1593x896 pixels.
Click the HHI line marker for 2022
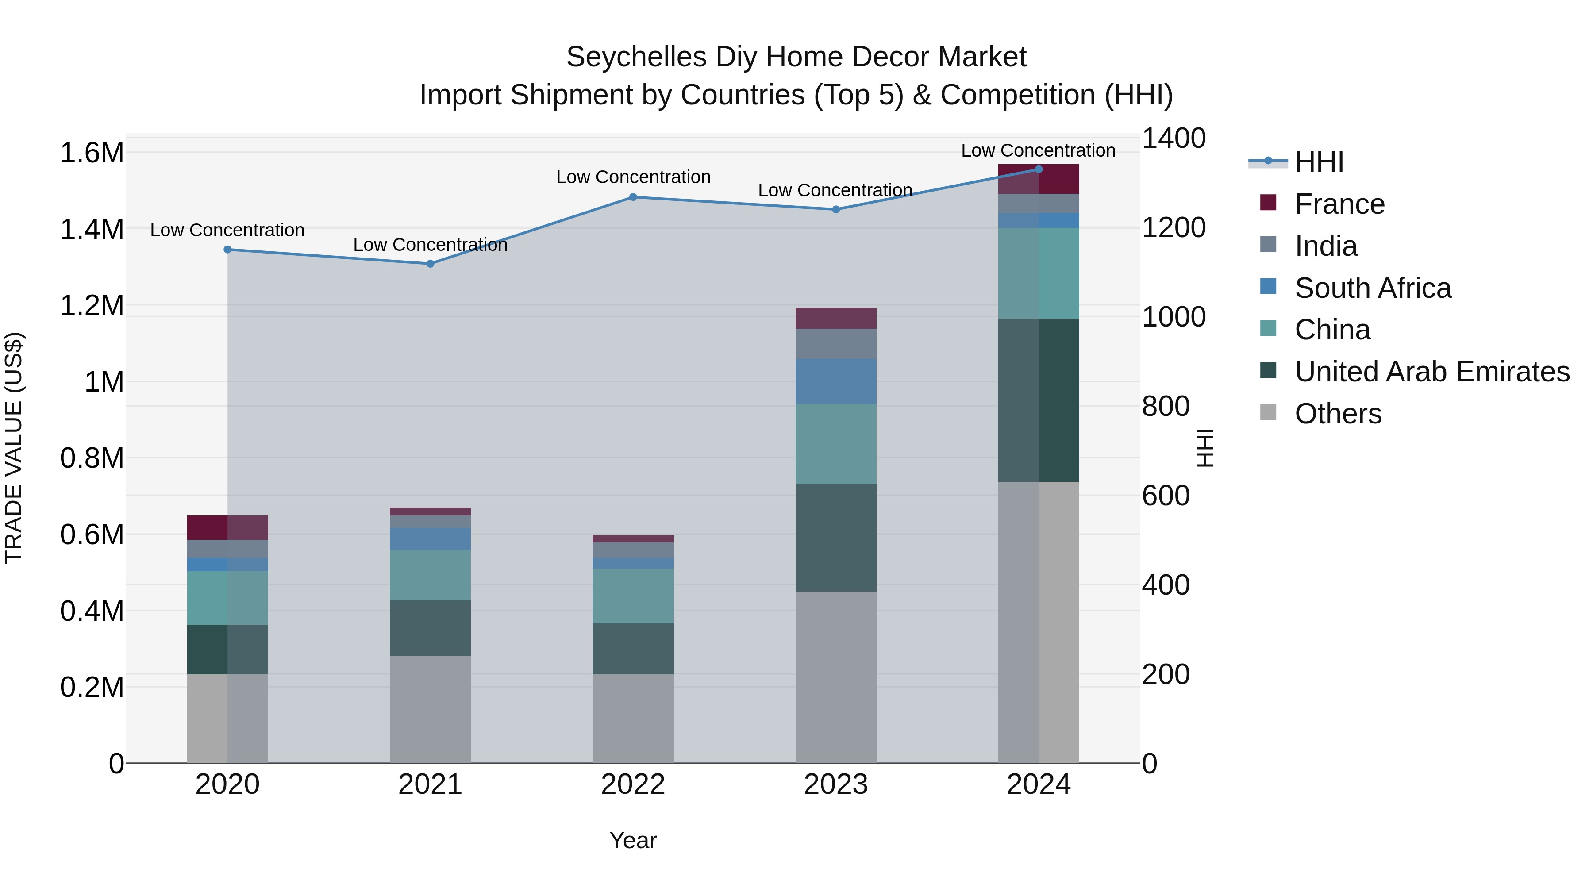click(x=633, y=197)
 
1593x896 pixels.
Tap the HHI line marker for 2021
click(x=431, y=264)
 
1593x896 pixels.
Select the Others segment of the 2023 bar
click(x=835, y=677)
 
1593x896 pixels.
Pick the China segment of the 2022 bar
click(x=633, y=596)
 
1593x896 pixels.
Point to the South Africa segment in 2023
click(x=835, y=381)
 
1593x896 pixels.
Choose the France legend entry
click(x=1339, y=204)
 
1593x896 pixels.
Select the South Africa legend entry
click(x=1372, y=288)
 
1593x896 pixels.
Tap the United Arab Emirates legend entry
click(x=1431, y=372)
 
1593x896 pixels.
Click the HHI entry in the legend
click(x=1319, y=162)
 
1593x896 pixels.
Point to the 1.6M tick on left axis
click(x=92, y=153)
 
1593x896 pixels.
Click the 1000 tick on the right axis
click(x=1173, y=317)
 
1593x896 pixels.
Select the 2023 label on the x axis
click(x=835, y=784)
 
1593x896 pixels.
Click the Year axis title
click(x=633, y=840)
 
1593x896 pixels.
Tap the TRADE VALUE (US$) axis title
click(x=14, y=448)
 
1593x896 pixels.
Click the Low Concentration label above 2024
click(x=1038, y=150)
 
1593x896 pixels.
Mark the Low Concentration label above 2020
click(x=227, y=230)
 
